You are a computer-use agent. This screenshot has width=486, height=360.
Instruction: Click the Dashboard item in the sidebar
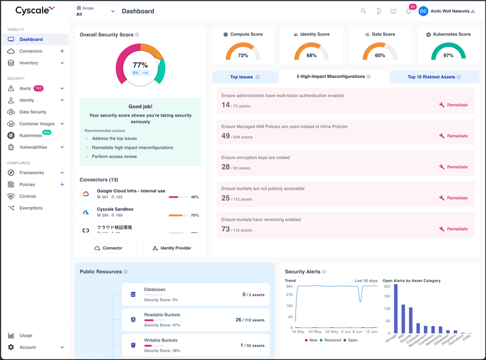pos(31,39)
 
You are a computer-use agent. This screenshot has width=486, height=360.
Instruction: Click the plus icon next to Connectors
pos(62,51)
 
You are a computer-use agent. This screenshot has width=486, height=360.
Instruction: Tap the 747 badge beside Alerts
pos(38,88)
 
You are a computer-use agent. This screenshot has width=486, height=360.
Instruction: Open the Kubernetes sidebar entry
pos(31,135)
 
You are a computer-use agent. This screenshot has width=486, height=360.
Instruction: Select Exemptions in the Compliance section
pos(31,208)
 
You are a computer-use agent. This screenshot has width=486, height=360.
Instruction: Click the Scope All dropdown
pos(95,11)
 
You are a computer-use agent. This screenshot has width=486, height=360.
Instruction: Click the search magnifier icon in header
pos(364,11)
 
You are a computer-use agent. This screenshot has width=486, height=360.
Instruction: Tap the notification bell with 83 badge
pos(408,11)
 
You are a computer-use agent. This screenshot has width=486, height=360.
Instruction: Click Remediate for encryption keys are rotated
pos(453,167)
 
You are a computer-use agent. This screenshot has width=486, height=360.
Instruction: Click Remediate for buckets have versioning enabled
pos(453,229)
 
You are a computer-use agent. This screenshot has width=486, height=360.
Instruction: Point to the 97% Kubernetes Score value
pos(448,56)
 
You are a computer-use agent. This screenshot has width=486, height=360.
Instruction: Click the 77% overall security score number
pos(140,65)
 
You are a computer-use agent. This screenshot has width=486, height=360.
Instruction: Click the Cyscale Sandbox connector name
pos(115,209)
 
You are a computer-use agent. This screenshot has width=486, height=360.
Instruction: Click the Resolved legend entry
pos(332,340)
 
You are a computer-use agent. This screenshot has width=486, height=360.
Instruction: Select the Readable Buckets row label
pos(162,315)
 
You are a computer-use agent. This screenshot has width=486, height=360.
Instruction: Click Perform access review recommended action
pos(114,157)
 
